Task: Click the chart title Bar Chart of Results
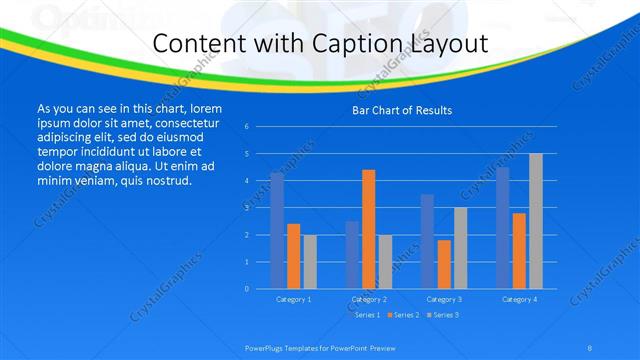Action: [401, 110]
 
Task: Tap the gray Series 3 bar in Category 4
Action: [535, 221]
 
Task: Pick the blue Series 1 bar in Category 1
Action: [277, 231]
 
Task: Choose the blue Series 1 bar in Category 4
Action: [503, 228]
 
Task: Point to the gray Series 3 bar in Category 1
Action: [309, 262]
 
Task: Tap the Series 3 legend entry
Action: [443, 315]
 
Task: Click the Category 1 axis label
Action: [293, 299]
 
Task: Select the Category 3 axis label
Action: [444, 299]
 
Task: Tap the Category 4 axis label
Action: [519, 299]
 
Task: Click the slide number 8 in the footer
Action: [590, 346]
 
